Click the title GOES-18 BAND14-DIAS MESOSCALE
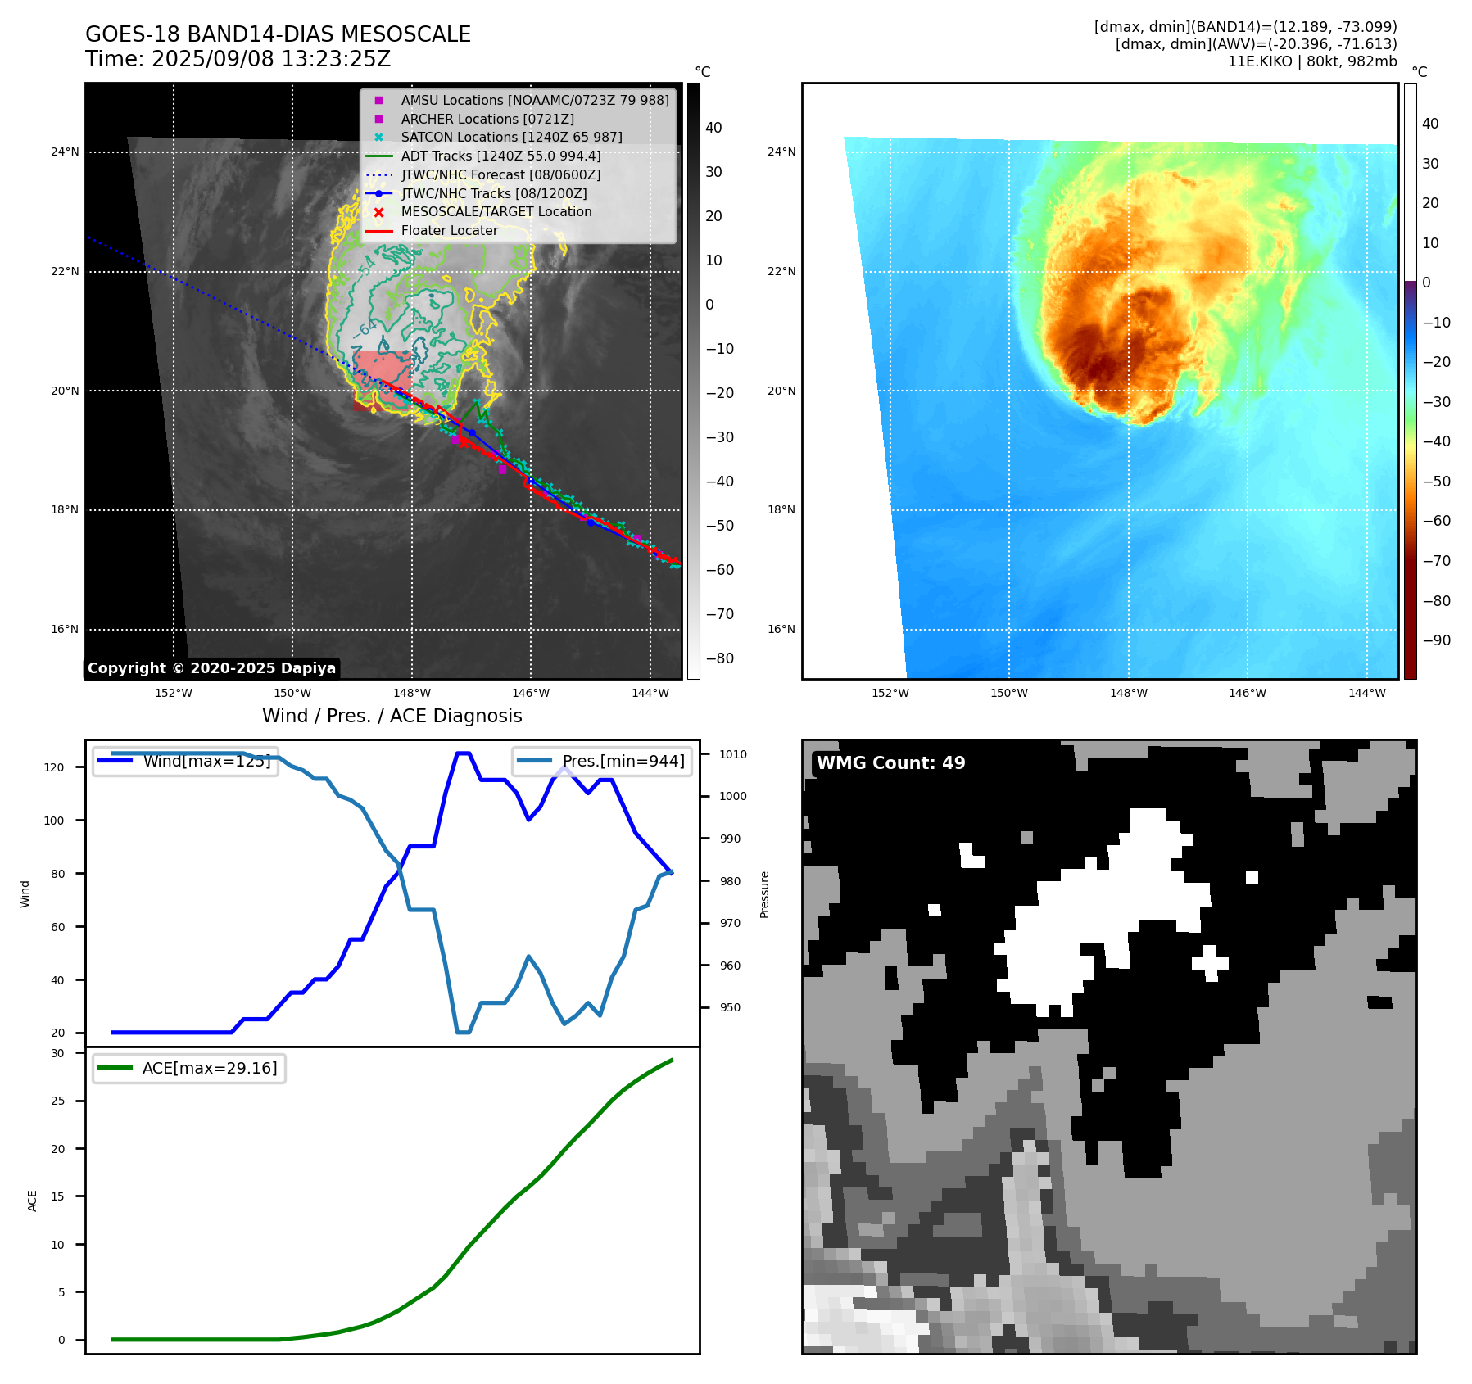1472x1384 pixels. click(x=278, y=34)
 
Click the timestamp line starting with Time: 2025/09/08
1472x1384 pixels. click(x=238, y=59)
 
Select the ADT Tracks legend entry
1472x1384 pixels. click(x=500, y=156)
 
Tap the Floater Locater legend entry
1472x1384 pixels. click(x=449, y=230)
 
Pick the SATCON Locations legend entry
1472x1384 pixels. click(x=511, y=137)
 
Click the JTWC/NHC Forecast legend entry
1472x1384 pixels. click(x=500, y=174)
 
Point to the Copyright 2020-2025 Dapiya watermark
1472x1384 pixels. click(x=211, y=668)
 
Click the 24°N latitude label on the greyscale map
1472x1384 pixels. click(x=65, y=152)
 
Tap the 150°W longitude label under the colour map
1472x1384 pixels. click(x=1009, y=693)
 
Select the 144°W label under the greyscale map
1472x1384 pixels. click(x=650, y=693)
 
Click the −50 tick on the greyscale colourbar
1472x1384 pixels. click(x=719, y=526)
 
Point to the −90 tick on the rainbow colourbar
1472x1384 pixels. click(x=1436, y=640)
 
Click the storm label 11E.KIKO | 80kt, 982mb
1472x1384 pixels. click(x=1311, y=61)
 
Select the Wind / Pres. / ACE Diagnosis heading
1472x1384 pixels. click(x=392, y=716)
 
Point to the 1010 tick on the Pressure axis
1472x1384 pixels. click(x=733, y=754)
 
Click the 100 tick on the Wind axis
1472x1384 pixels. click(x=54, y=821)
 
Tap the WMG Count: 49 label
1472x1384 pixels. click(x=890, y=763)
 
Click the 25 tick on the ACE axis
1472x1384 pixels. click(x=57, y=1101)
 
